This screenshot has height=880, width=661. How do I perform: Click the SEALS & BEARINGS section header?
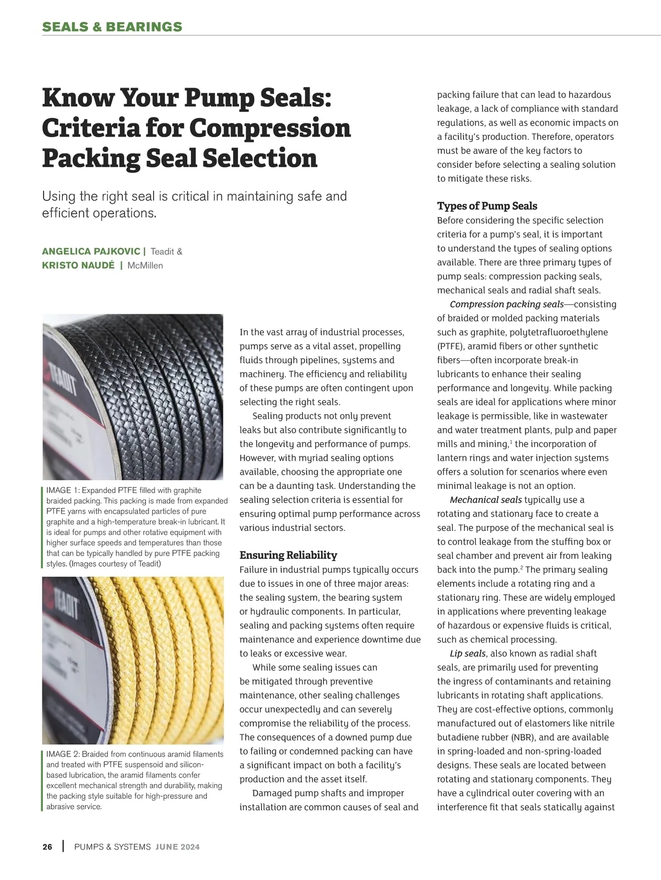click(112, 26)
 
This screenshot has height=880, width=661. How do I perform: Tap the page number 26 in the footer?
click(47, 846)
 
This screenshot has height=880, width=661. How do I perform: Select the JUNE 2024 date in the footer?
click(177, 846)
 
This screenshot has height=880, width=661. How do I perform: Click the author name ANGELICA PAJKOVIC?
click(91, 252)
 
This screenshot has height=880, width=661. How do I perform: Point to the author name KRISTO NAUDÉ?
click(78, 265)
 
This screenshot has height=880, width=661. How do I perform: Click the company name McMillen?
click(145, 265)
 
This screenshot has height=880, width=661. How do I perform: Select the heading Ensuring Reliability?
click(288, 555)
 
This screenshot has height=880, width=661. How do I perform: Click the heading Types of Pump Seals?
click(487, 206)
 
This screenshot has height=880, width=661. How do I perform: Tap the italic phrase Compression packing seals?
click(506, 304)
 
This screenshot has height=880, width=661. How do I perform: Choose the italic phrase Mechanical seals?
click(485, 499)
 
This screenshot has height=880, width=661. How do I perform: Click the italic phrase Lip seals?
click(467, 653)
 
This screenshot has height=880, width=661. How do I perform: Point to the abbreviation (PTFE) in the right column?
click(450, 346)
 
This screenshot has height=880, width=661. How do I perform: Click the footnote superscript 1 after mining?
click(511, 441)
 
